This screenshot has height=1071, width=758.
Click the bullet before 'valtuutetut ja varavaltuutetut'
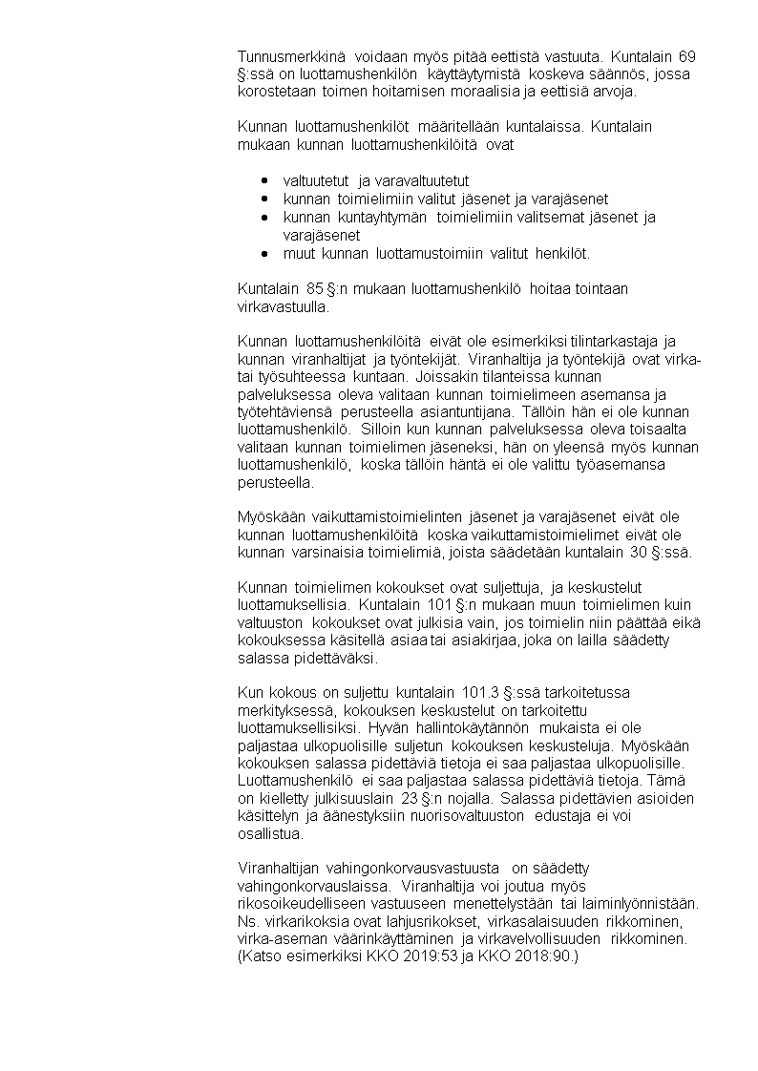[x=263, y=180]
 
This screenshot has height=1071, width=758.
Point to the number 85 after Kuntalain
[x=315, y=289]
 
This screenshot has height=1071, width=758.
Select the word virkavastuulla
[x=283, y=307]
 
